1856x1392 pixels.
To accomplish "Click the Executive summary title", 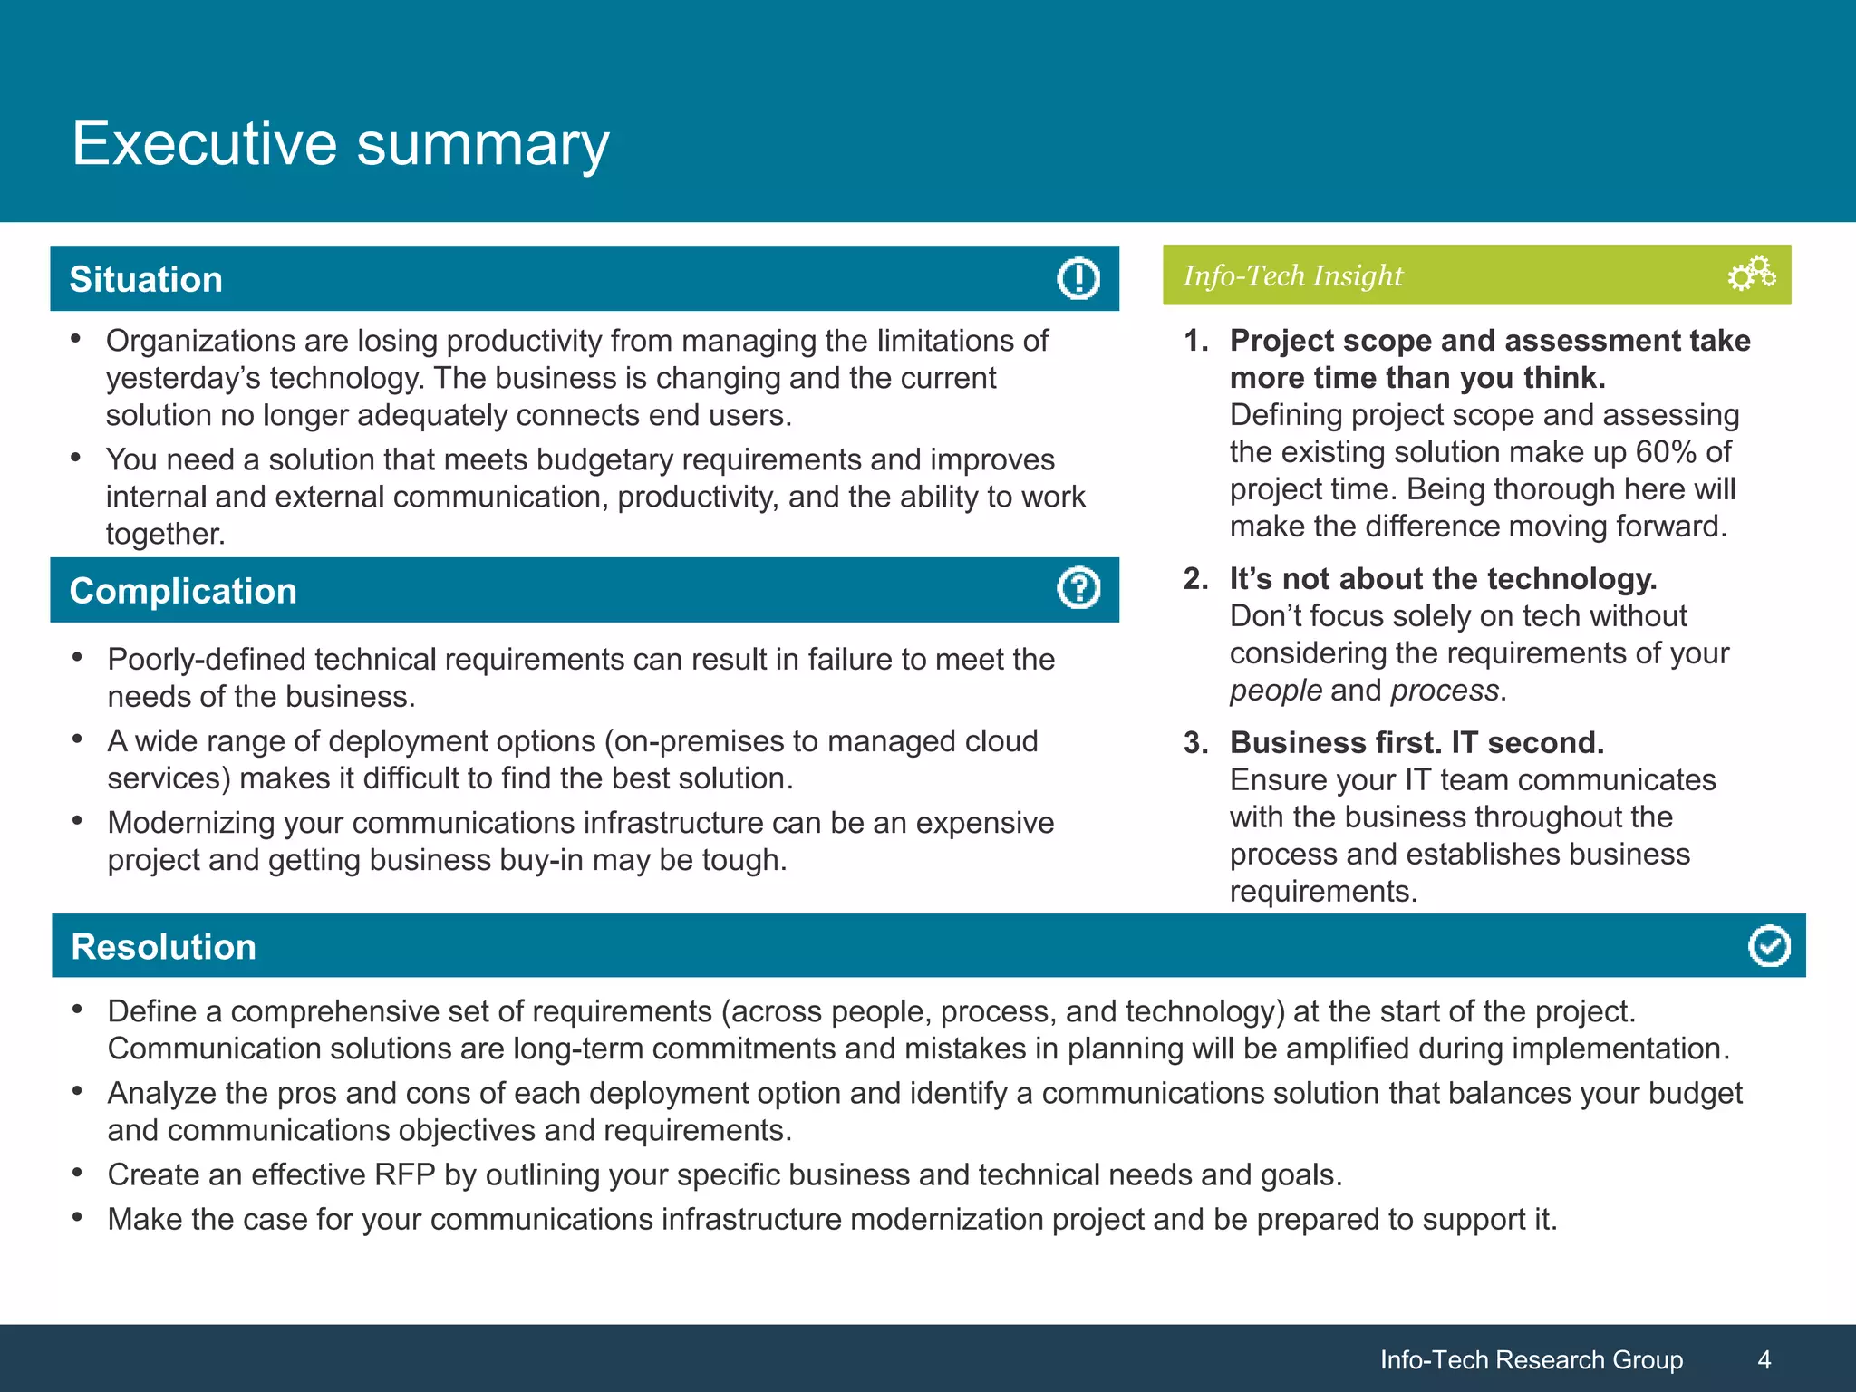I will click(340, 143).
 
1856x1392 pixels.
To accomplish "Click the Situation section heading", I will click(146, 279).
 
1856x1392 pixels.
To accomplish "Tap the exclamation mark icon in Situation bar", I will click(1078, 278).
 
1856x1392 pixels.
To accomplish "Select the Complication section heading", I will click(183, 591).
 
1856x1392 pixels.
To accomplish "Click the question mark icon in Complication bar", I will click(1078, 589).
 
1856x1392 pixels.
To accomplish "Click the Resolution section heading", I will click(163, 946).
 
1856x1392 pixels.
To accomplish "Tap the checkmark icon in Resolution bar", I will click(1768, 946).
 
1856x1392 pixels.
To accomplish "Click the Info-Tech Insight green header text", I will click(1292, 275).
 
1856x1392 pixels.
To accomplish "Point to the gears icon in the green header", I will click(1751, 274).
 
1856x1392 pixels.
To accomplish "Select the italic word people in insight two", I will click(1275, 691).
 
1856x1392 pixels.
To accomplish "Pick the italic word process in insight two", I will click(1445, 691).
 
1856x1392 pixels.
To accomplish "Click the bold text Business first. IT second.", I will click(1416, 742).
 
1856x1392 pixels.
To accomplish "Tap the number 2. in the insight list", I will click(1195, 578).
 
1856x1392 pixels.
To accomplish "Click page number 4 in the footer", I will click(1764, 1359).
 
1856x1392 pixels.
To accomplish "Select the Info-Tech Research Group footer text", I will click(1531, 1359).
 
